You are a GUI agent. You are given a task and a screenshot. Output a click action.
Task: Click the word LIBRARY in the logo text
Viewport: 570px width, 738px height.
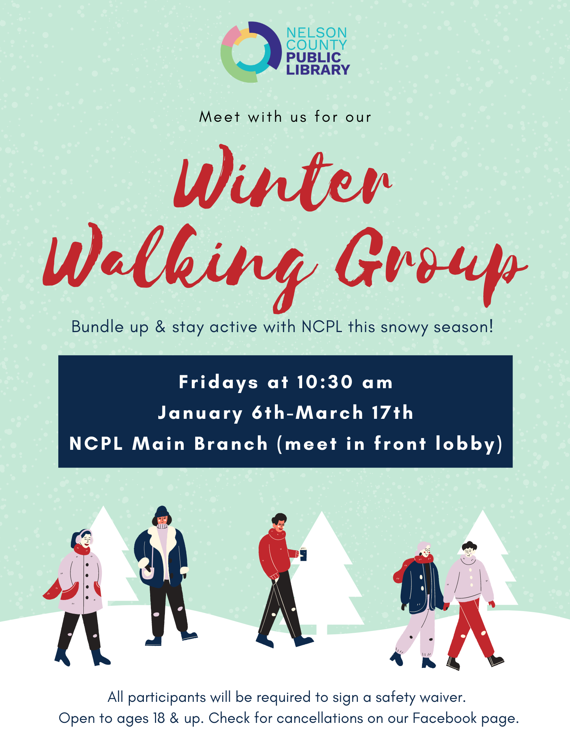pos(318,70)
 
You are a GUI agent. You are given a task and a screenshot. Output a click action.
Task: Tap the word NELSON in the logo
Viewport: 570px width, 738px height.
pos(317,33)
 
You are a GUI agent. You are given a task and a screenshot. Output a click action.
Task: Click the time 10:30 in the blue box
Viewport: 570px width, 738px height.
pos(325,382)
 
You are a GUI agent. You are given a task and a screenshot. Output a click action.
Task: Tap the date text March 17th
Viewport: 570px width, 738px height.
pos(354,413)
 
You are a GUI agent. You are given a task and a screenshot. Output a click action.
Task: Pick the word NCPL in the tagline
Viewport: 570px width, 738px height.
pos(322,327)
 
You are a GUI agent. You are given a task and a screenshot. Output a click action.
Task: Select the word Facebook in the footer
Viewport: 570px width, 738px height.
pos(445,718)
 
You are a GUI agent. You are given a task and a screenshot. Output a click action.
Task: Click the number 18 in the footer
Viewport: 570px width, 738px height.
pos(159,718)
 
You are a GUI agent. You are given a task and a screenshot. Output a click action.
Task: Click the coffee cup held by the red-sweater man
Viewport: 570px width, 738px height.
pos(303,554)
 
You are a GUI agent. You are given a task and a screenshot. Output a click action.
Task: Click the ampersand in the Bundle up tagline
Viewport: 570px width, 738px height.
pos(160,327)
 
